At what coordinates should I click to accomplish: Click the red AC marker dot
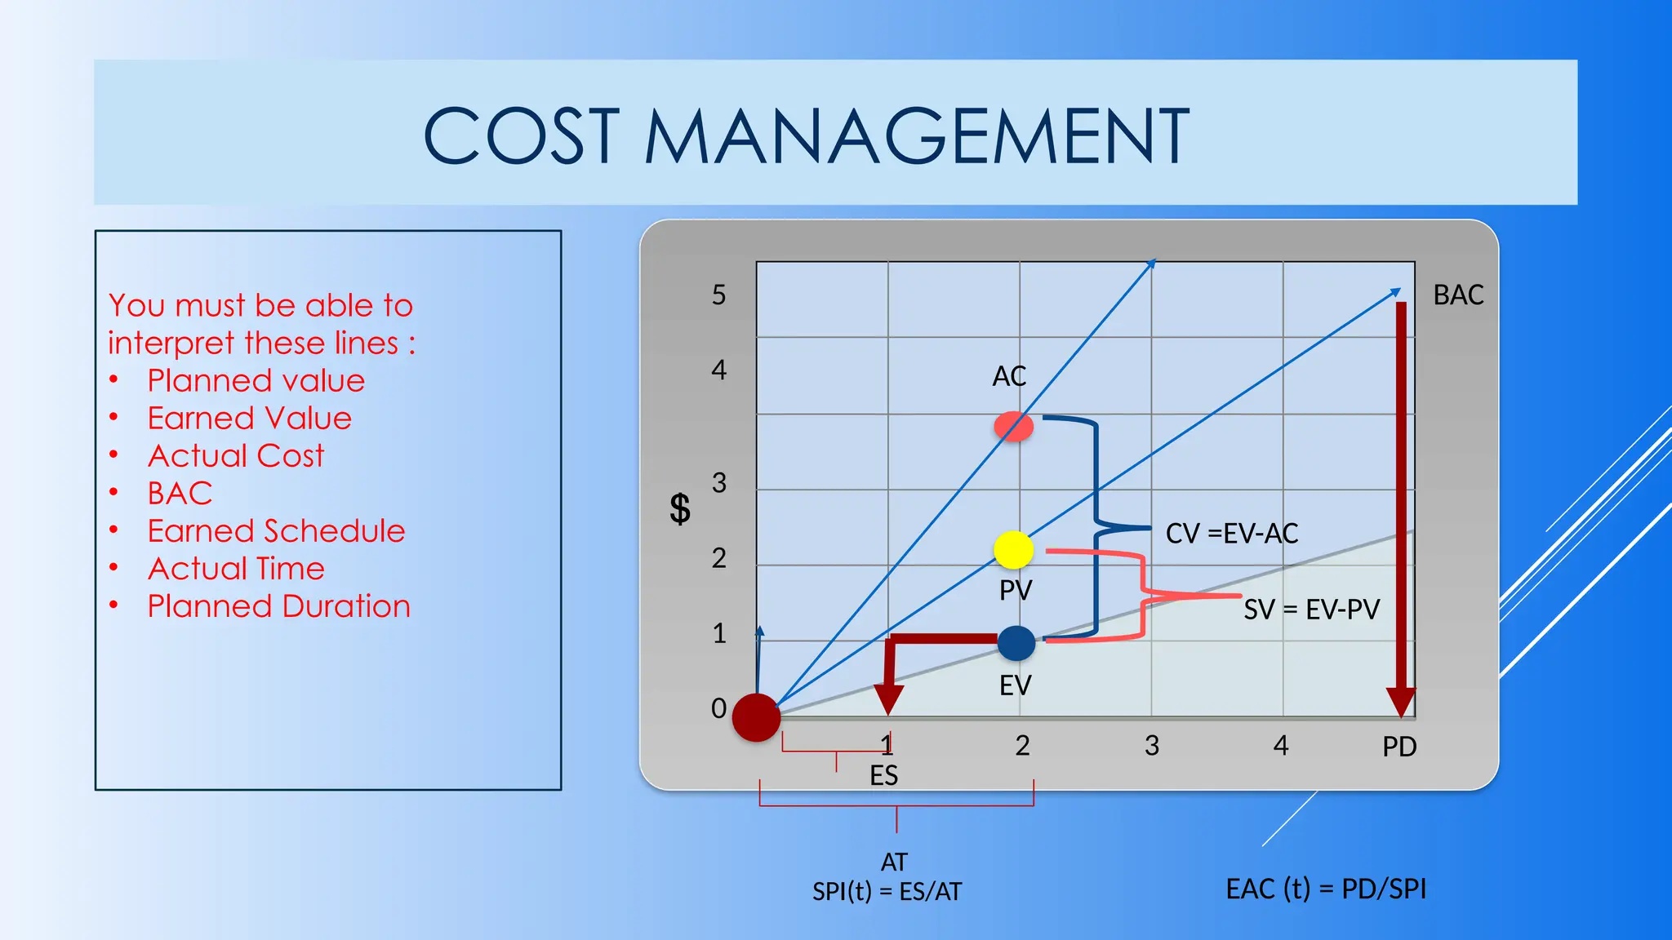click(1013, 426)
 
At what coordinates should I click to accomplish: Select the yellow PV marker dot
click(1014, 550)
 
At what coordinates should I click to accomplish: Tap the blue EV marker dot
click(1016, 643)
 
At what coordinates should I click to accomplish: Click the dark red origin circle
click(756, 717)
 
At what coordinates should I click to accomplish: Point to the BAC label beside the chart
click(1458, 295)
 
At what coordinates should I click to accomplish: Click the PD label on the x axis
click(1399, 747)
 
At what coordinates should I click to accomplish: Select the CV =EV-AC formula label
click(1231, 534)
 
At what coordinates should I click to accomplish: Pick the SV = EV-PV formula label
click(1311, 610)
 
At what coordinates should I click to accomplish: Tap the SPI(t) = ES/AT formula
click(887, 892)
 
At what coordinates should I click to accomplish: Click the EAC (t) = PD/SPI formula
click(1326, 889)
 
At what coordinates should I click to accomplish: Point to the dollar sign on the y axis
click(679, 509)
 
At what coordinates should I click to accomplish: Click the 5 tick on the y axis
click(718, 295)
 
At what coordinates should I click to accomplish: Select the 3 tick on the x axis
click(1151, 746)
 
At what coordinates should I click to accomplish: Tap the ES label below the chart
click(883, 775)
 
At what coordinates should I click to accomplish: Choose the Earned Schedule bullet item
click(276, 531)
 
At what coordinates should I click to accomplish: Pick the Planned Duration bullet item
click(278, 606)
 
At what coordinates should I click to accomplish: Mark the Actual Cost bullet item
click(236, 455)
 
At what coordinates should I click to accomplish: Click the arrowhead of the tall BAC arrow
click(1401, 703)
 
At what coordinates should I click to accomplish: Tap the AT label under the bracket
click(894, 862)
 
